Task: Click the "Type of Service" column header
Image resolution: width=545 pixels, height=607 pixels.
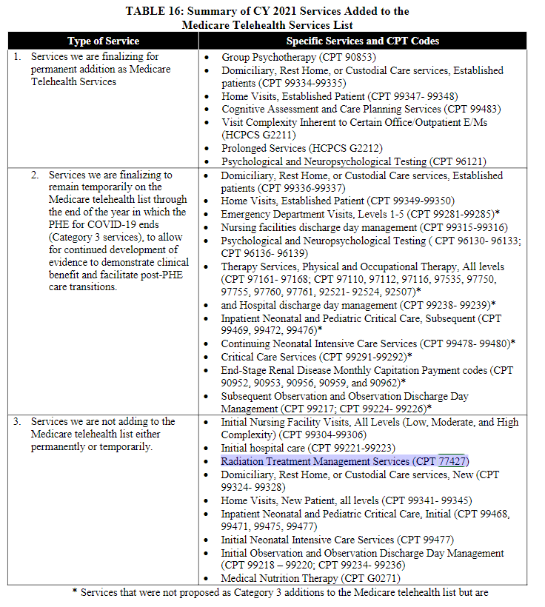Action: pyautogui.click(x=103, y=41)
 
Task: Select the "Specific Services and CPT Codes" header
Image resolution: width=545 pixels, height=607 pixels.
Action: pyautogui.click(x=362, y=41)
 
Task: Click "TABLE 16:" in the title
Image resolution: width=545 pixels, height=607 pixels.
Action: pyautogui.click(x=157, y=11)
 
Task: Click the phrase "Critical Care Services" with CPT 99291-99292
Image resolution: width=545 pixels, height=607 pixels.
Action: pyautogui.click(x=269, y=357)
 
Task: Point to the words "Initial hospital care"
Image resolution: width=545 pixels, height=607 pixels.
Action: pyautogui.click(x=264, y=448)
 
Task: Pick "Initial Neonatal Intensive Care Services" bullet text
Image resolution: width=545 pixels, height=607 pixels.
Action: pyautogui.click(x=307, y=540)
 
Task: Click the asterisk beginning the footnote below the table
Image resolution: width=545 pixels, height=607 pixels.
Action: pyautogui.click(x=75, y=593)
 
